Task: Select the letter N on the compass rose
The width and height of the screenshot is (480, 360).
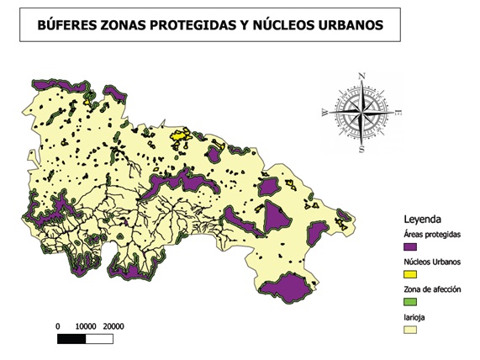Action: [x=361, y=76]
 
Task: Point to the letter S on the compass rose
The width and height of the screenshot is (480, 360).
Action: [x=361, y=150]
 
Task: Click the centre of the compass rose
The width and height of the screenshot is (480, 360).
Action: [x=361, y=113]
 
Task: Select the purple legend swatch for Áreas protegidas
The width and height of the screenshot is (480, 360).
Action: [x=411, y=247]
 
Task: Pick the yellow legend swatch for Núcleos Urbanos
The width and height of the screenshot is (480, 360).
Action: [x=411, y=274]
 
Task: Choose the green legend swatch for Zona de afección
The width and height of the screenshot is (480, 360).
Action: [x=411, y=301]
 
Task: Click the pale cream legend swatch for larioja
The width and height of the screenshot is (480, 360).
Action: [x=411, y=330]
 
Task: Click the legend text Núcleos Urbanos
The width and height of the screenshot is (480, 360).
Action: [x=432, y=262]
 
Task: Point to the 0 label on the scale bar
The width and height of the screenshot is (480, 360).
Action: [x=57, y=326]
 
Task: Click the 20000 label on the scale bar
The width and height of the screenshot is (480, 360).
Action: [x=113, y=326]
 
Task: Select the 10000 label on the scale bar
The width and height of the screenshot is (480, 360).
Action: [x=85, y=326]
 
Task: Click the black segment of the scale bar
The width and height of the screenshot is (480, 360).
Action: [x=71, y=339]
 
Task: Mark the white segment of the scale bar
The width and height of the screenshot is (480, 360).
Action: [x=99, y=339]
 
